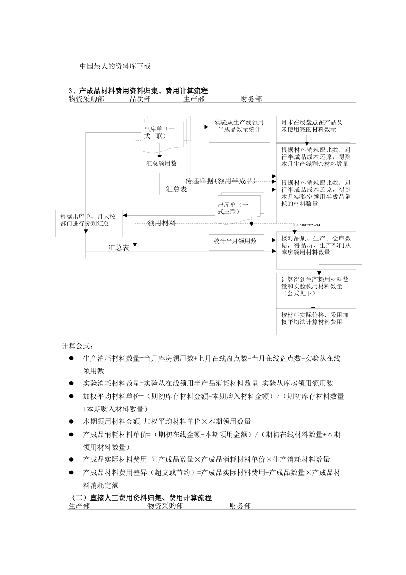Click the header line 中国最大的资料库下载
(115, 66)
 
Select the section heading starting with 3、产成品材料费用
(138, 91)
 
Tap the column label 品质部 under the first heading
(140, 99)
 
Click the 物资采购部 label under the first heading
(87, 99)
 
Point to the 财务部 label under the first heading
(251, 99)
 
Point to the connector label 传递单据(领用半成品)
(221, 181)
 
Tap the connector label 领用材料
(162, 223)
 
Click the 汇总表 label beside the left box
(118, 248)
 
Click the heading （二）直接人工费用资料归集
(141, 498)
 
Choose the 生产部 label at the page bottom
(79, 506)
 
